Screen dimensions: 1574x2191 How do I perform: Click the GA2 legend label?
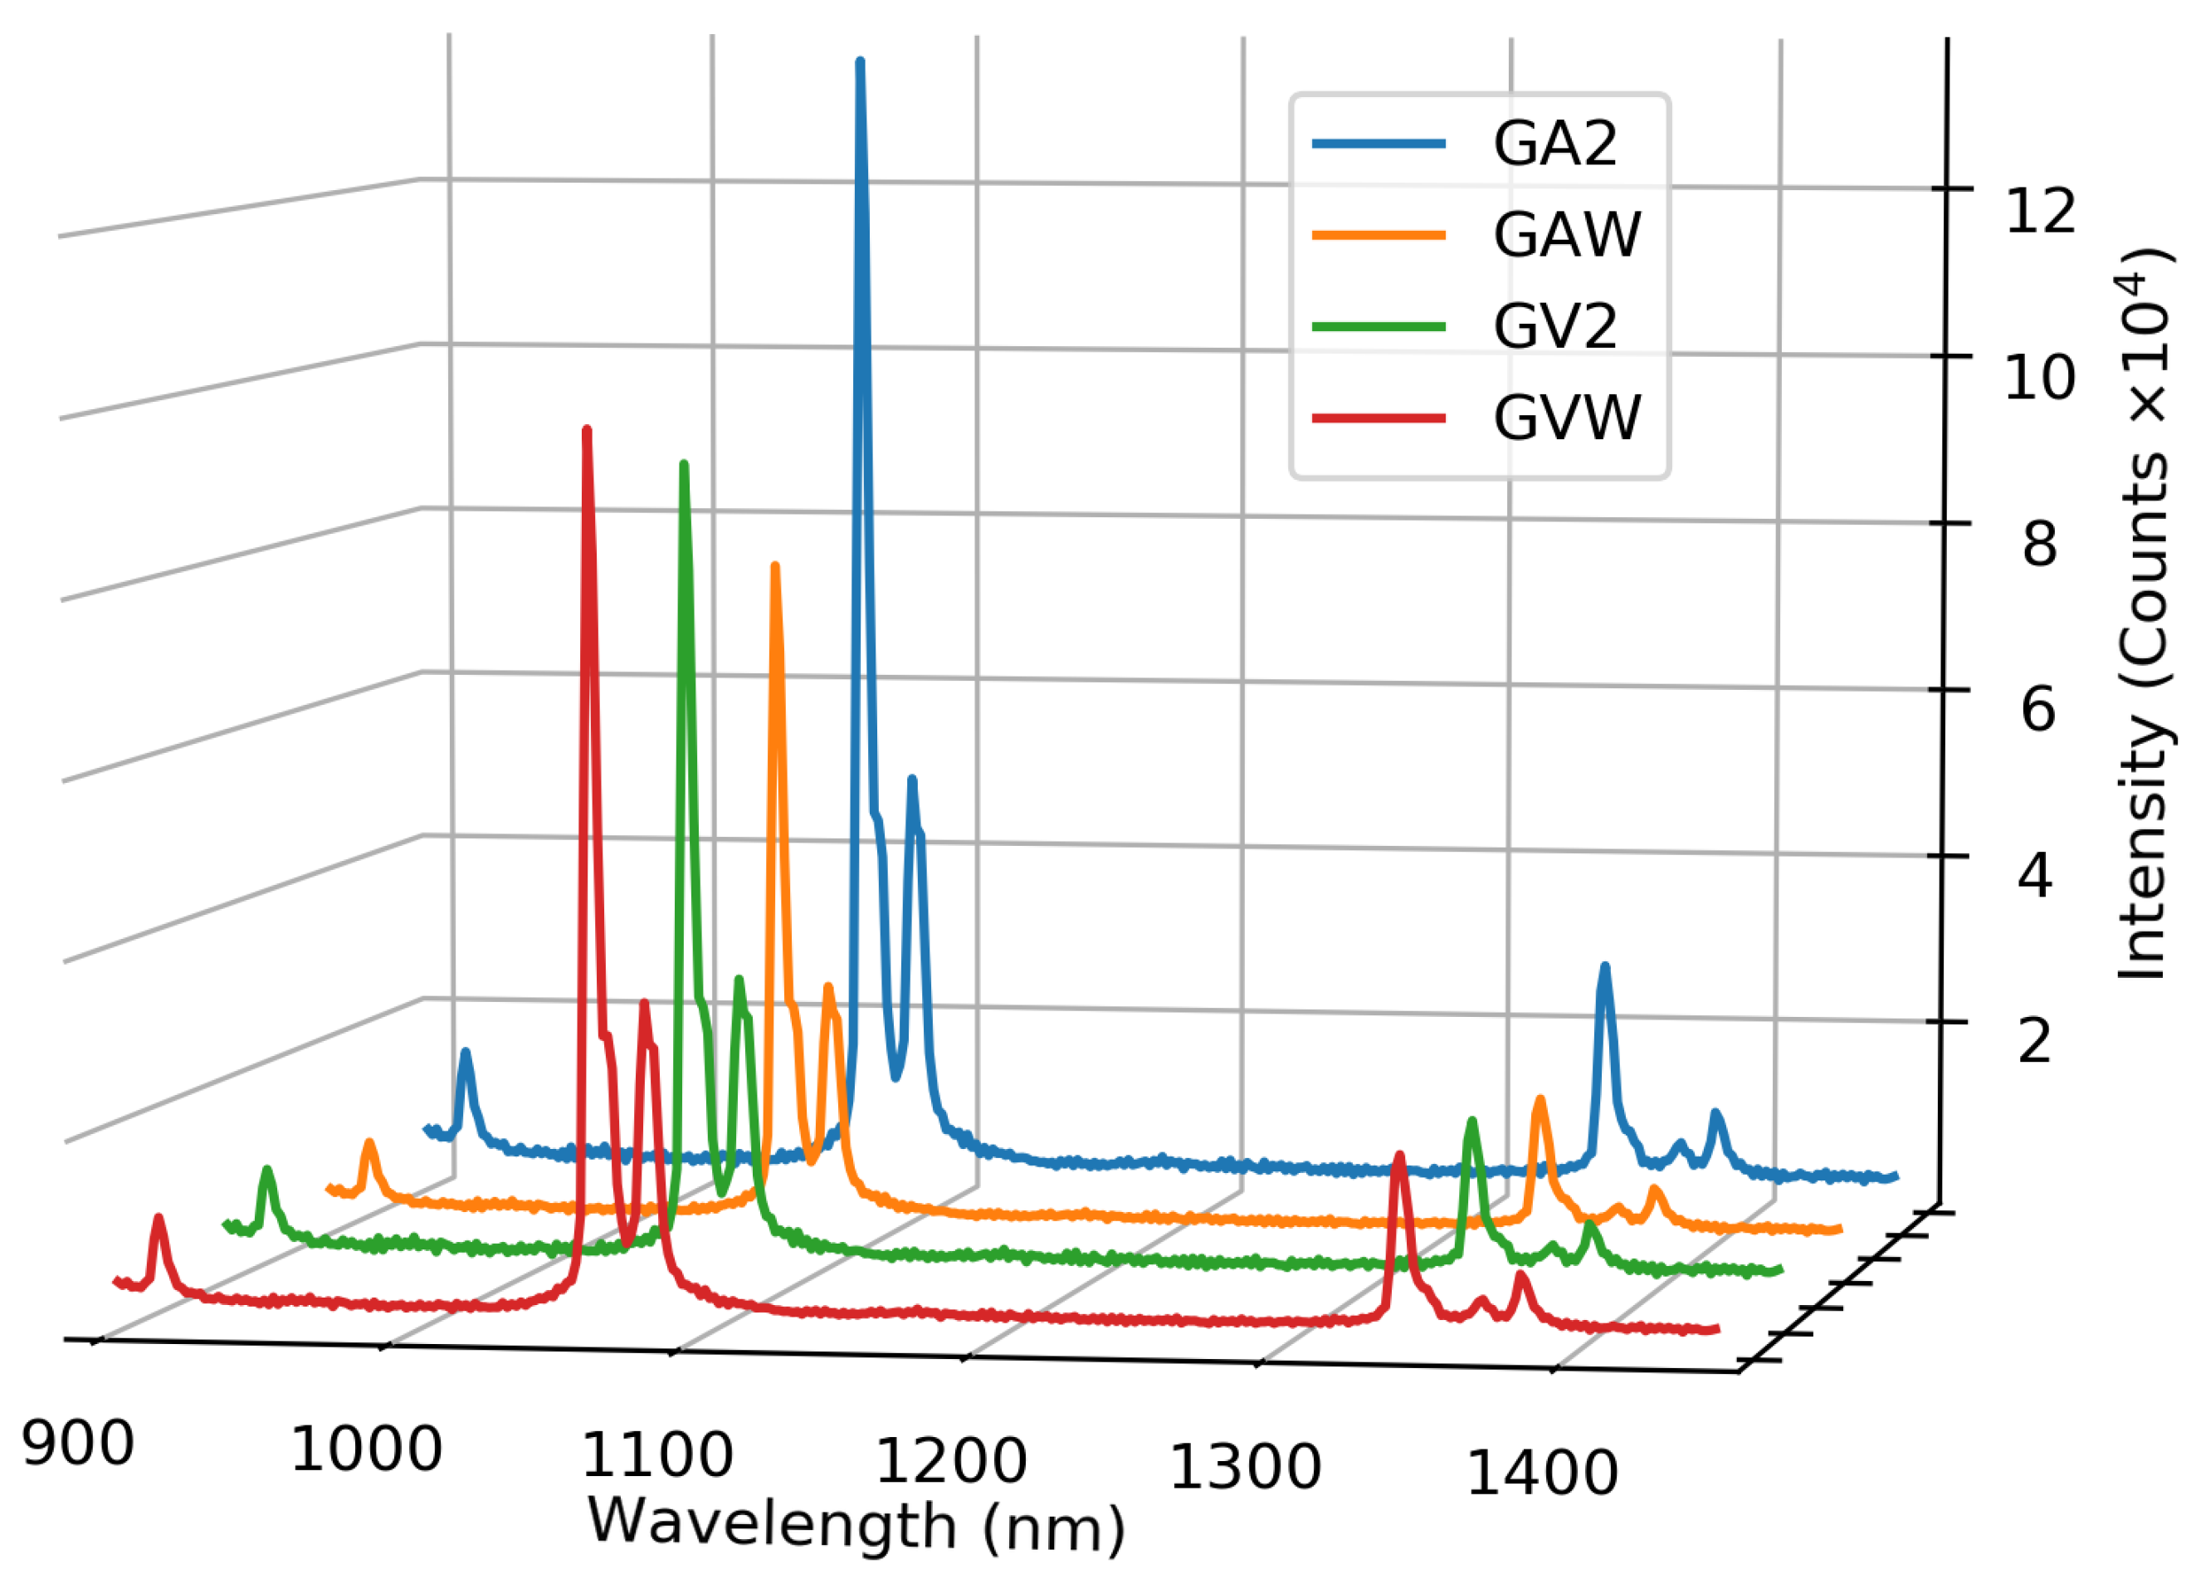pos(1554,144)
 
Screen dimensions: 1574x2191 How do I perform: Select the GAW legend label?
pos(1566,235)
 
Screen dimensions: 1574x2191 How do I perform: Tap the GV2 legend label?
pos(1554,326)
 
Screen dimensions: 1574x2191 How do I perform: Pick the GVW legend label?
pos(1566,418)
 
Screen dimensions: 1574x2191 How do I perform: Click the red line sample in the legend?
pos(1379,418)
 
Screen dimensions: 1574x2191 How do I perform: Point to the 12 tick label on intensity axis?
pos(2039,212)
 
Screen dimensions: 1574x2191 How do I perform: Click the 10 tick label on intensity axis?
pos(2039,378)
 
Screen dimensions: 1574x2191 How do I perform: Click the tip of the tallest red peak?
pos(587,430)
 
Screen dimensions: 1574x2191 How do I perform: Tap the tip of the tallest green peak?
pos(684,466)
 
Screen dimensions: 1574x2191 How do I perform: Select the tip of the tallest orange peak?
pos(775,567)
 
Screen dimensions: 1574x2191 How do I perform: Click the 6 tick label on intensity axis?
pos(2038,710)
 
